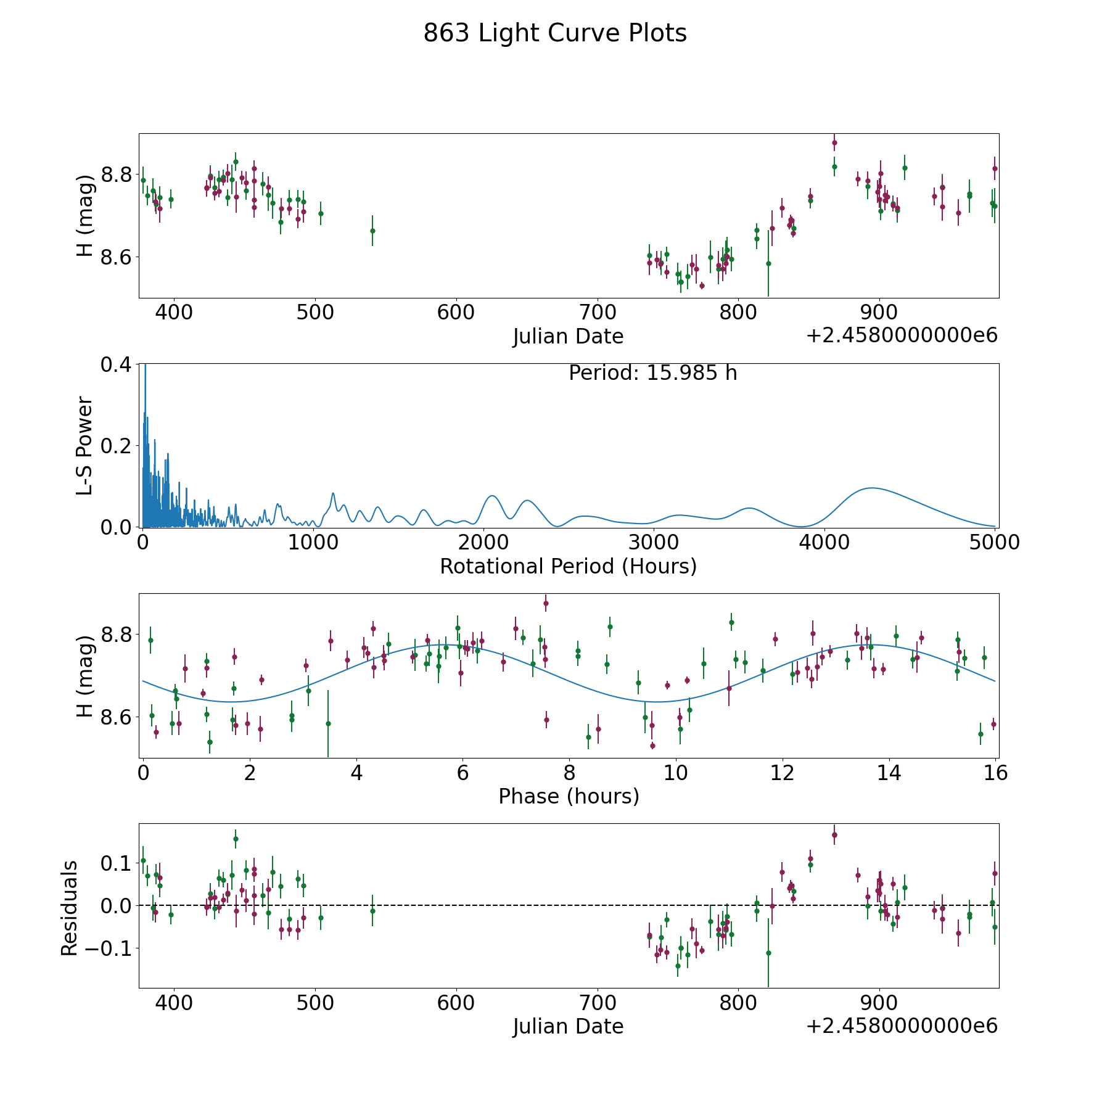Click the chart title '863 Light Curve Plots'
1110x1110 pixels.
pos(555,33)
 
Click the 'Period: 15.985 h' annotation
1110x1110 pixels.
pos(652,373)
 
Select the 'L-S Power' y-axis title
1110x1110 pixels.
pos(84,445)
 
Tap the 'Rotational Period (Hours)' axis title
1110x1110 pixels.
pos(568,566)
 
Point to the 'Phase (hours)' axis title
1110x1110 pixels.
pos(569,796)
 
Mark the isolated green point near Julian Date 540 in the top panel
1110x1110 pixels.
pos(372,231)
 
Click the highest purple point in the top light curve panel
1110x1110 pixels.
pos(834,142)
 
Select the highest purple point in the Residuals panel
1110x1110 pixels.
pos(834,835)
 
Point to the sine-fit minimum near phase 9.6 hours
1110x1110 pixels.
pos(656,702)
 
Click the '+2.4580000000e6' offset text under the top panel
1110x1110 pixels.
pos(902,336)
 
